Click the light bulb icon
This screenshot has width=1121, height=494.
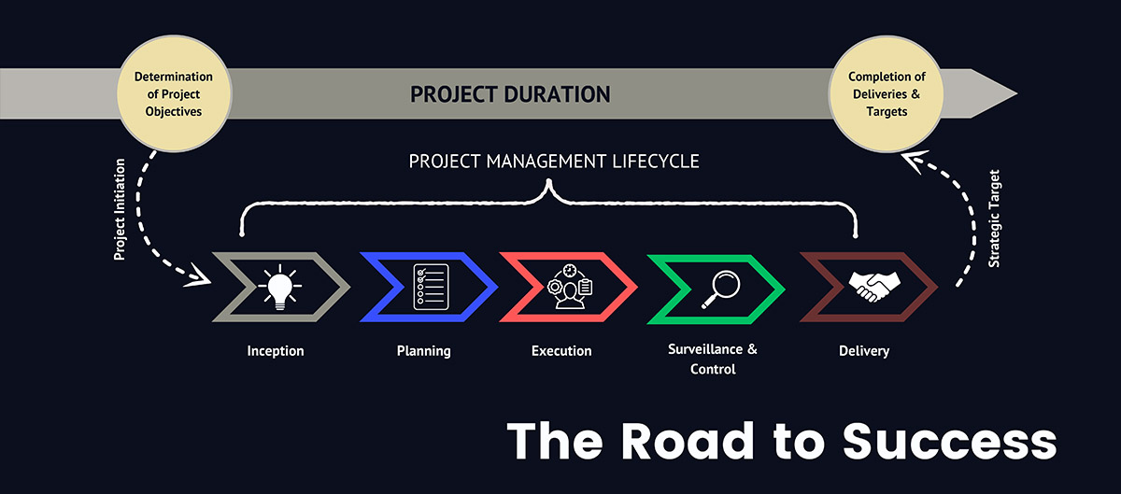pyautogui.click(x=279, y=287)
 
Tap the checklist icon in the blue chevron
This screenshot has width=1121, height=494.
pyautogui.click(x=431, y=287)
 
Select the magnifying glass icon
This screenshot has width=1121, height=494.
pyautogui.click(x=720, y=289)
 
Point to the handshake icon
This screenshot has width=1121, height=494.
pyautogui.click(x=874, y=287)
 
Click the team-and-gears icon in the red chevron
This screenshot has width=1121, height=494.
pyautogui.click(x=570, y=287)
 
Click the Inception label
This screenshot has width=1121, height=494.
pyautogui.click(x=276, y=351)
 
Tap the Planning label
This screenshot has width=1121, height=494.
pyautogui.click(x=424, y=351)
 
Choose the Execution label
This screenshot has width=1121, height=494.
pyautogui.click(x=561, y=351)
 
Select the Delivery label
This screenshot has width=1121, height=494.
pyautogui.click(x=864, y=351)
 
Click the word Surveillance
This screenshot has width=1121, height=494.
pyautogui.click(x=705, y=349)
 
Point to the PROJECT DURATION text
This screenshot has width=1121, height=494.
pyautogui.click(x=510, y=94)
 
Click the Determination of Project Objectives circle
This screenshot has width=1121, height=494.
pyautogui.click(x=174, y=93)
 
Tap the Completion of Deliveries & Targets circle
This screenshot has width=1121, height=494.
pyautogui.click(x=887, y=93)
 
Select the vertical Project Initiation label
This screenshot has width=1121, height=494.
pyautogui.click(x=120, y=209)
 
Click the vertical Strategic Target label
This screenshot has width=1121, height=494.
pyautogui.click(x=994, y=219)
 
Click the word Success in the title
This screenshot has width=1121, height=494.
pyautogui.click(x=949, y=441)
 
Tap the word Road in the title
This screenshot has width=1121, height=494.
pyautogui.click(x=688, y=441)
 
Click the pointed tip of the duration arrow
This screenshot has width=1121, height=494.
pyautogui.click(x=1017, y=93)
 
